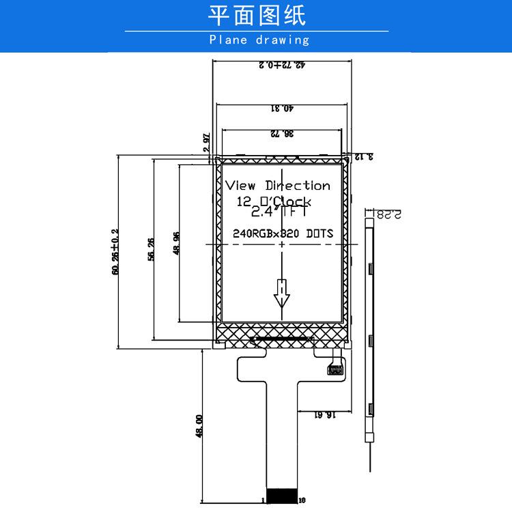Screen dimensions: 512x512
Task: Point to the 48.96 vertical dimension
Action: pyautogui.click(x=176, y=244)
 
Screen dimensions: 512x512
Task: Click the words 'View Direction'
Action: pyautogui.click(x=278, y=186)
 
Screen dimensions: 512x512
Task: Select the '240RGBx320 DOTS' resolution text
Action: pyautogui.click(x=283, y=233)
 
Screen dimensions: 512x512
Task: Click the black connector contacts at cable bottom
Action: pyautogui.click(x=281, y=494)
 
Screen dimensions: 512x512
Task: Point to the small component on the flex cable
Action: pyautogui.click(x=335, y=369)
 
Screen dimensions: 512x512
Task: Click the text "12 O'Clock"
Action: pyautogui.click(x=274, y=202)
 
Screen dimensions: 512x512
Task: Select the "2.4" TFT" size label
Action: pyautogui.click(x=278, y=212)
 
